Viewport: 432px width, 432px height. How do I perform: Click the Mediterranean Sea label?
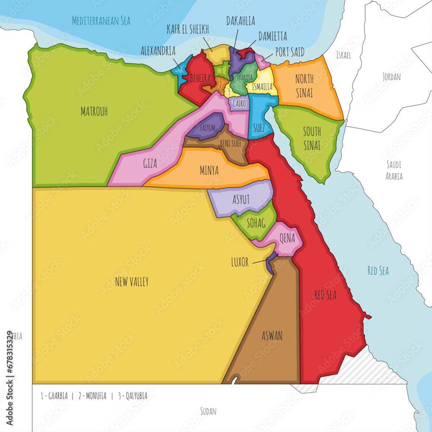pyautogui.click(x=101, y=20)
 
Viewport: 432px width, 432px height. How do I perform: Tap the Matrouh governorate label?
pyautogui.click(x=94, y=111)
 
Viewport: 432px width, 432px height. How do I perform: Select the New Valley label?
pyautogui.click(x=132, y=282)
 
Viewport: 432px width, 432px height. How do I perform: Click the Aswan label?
pyautogui.click(x=272, y=336)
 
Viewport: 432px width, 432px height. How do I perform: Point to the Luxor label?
pyautogui.click(x=240, y=262)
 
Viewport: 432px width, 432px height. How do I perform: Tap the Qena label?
pyautogui.click(x=287, y=237)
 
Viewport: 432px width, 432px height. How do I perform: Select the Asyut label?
pyautogui.click(x=241, y=199)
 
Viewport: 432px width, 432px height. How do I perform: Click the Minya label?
pyautogui.click(x=209, y=171)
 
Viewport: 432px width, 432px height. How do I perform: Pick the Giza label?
pyautogui.click(x=150, y=164)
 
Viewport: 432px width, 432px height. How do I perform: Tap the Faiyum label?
pyautogui.click(x=208, y=128)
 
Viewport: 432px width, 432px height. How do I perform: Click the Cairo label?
pyautogui.click(x=239, y=104)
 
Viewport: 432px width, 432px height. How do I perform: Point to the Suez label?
pyautogui.click(x=259, y=127)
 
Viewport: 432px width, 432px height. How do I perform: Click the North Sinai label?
pyautogui.click(x=304, y=86)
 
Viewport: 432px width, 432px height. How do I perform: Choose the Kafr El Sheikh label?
pyautogui.click(x=188, y=29)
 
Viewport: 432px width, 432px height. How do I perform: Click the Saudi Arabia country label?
pyautogui.click(x=394, y=170)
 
